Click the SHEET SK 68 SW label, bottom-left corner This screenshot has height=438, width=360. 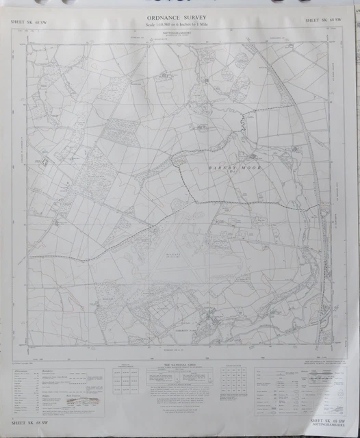pos(29,430)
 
